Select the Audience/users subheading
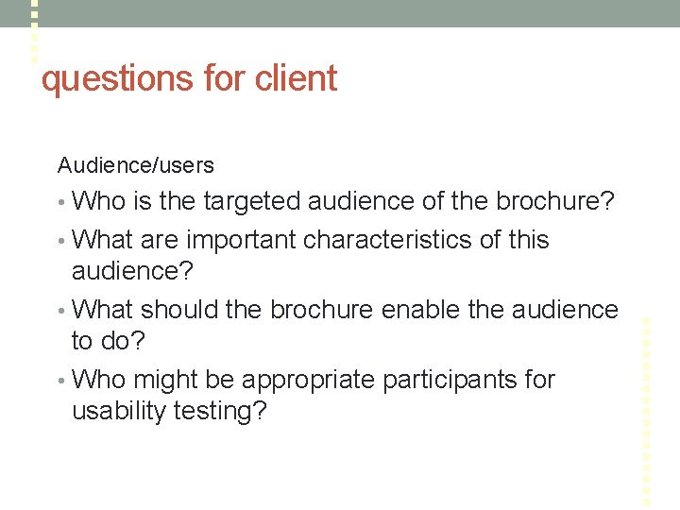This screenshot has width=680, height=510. point(136,165)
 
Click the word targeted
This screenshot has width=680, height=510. point(248,201)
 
